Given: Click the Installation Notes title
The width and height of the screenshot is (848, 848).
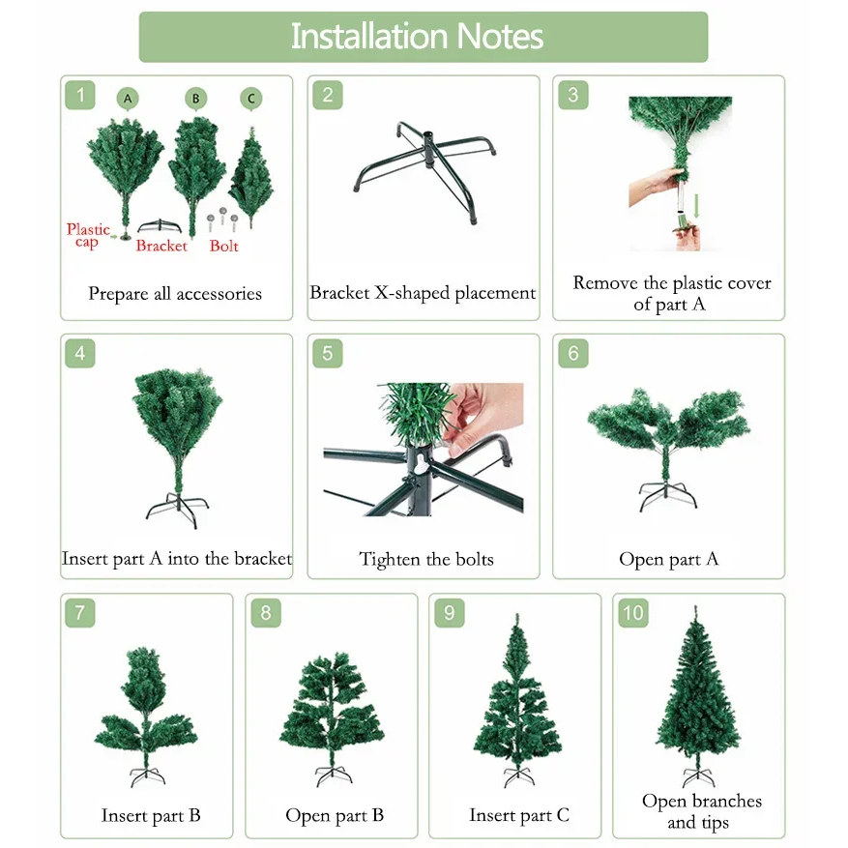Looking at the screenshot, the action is coord(417,36).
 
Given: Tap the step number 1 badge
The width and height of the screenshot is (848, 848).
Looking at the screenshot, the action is coord(80,95).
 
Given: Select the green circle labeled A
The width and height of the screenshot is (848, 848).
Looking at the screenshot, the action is coord(128,99).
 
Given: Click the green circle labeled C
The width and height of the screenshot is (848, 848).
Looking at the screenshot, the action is coord(251,99).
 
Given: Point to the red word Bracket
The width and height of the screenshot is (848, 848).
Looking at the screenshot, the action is coord(161,246).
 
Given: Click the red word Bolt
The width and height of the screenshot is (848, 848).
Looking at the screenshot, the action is coord(224,246).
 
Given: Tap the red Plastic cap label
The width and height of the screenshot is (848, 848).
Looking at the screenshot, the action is coord(88,235).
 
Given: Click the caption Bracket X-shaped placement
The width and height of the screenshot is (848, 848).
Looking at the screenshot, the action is coord(423,293).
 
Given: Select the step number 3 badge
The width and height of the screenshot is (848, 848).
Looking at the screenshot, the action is coord(573,95).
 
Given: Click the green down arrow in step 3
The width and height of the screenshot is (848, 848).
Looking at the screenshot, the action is coord(696,206).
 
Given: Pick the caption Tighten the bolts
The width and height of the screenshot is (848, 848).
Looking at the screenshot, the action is coord(426,559).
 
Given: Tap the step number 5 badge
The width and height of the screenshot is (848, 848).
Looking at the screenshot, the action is coord(328,354).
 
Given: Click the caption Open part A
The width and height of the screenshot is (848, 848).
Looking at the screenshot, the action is coord(668,559).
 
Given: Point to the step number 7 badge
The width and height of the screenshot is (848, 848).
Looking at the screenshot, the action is coord(80,613).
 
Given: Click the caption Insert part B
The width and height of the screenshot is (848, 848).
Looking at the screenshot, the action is coord(151,815).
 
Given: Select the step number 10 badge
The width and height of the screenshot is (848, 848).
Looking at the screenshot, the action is coord(633,613).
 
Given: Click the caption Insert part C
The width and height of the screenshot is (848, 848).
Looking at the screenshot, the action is coord(519,815).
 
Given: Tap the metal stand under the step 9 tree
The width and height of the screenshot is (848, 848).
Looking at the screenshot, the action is coord(518,776).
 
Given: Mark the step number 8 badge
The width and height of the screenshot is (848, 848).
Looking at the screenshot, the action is coord(266,613).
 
